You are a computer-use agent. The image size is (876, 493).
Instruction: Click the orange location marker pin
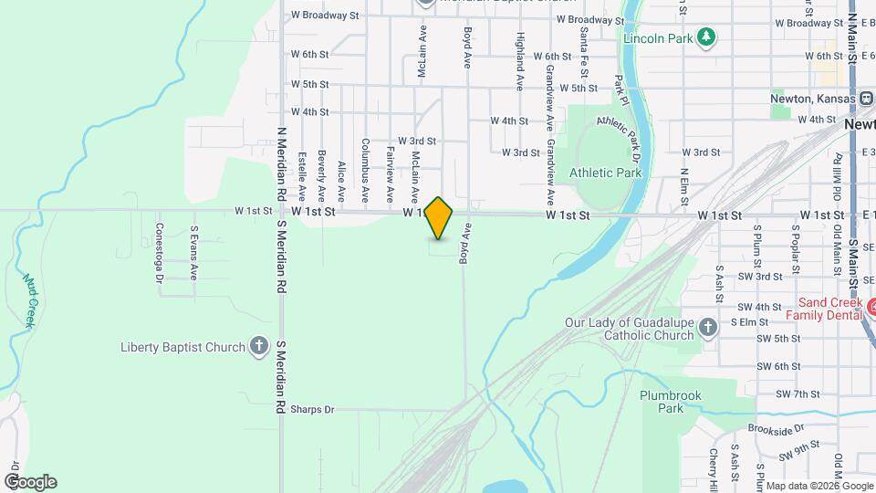tap(439, 218)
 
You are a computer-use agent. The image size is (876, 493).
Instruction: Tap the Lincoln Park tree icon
tap(705, 37)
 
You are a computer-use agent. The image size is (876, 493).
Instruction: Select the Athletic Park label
tap(605, 173)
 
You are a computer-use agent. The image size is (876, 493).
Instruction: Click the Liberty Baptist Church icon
tap(259, 347)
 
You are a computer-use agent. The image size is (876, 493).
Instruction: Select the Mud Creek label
tap(30, 301)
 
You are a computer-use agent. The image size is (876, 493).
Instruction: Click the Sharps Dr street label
tap(312, 410)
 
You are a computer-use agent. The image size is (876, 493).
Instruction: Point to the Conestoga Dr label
tap(159, 253)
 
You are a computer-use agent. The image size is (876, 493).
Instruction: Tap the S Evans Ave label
tap(193, 253)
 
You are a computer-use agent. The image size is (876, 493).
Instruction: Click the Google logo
tap(30, 482)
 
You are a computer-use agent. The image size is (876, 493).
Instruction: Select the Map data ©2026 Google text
tap(819, 486)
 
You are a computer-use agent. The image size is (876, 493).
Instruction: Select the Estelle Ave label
tap(301, 176)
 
